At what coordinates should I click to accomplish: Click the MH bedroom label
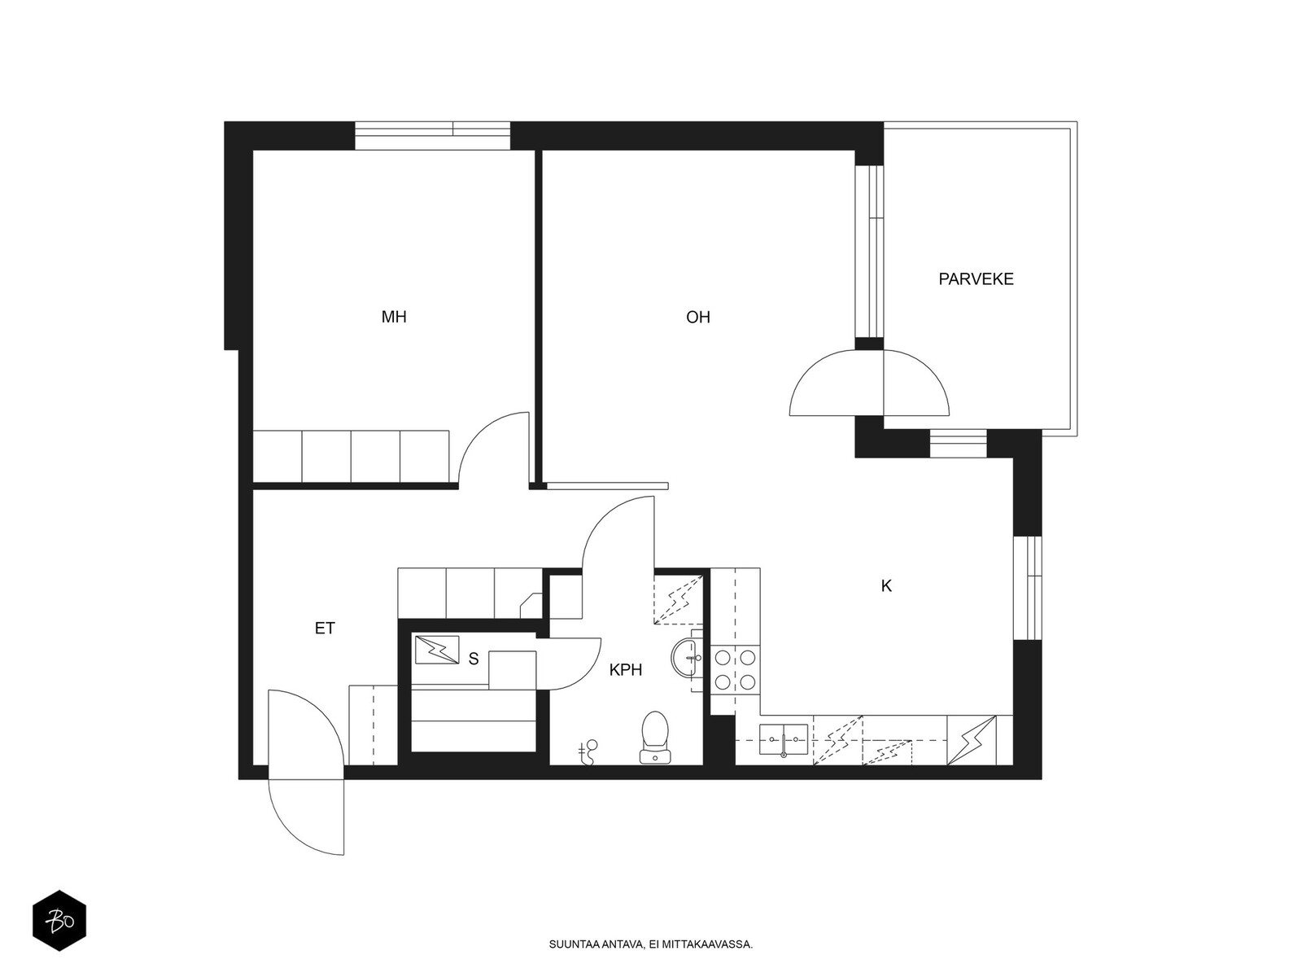394,317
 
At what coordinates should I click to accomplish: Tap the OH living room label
698,318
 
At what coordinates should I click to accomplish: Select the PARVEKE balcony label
976,278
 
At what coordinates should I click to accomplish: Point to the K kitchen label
886,586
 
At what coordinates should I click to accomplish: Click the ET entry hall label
325,629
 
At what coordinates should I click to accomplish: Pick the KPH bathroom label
626,670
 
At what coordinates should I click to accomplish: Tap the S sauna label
474,659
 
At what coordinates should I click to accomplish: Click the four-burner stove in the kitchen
736,671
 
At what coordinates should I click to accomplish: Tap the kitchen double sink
784,740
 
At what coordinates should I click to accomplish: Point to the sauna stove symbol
436,650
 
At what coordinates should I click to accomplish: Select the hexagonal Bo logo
59,921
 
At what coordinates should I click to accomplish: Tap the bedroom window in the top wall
432,136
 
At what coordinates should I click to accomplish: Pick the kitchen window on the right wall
1028,588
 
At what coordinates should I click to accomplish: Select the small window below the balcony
958,444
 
